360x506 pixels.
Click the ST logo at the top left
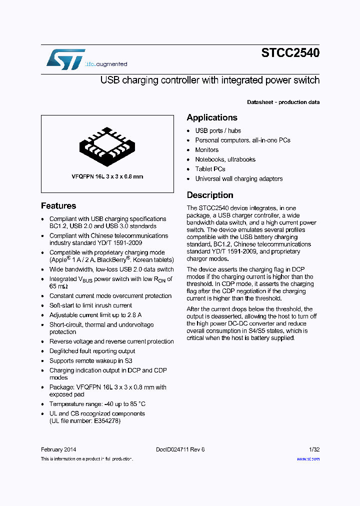[x=65, y=59]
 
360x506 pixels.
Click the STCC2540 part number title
[x=290, y=53]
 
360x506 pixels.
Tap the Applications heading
[x=212, y=117]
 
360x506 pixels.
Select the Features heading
[x=58, y=205]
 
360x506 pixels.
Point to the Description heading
[x=210, y=195]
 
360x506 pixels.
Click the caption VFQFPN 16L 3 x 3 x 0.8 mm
[x=107, y=176]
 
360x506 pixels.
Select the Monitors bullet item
[x=206, y=150]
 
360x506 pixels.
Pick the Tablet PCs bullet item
[x=210, y=169]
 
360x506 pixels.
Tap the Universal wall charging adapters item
[x=238, y=178]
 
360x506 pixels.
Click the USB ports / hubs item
[x=217, y=130]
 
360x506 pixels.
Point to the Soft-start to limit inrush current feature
[x=90, y=305]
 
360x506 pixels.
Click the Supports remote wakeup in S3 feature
[x=90, y=360]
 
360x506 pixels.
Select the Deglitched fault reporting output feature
[x=92, y=351]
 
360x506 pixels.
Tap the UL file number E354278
[x=85, y=420]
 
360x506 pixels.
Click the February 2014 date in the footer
[x=58, y=449]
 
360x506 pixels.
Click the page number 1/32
[x=314, y=449]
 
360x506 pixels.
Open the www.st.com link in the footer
[x=308, y=459]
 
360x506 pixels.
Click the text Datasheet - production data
[x=283, y=102]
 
